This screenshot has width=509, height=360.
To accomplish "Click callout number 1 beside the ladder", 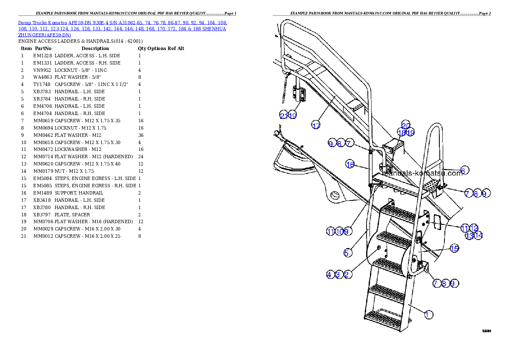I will coord(427,315).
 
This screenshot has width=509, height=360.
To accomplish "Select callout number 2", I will coord(348,274).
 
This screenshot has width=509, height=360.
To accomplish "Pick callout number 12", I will coord(474,228).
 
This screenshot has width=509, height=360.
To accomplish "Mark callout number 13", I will coord(469,236).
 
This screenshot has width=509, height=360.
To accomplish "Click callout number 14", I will coord(478,236).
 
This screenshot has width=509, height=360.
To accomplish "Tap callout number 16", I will coord(350,164).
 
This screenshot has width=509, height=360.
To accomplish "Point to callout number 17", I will coord(316,125).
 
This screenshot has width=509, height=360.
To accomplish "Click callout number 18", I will coord(401,133).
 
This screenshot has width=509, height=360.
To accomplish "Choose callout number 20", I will coord(405,125).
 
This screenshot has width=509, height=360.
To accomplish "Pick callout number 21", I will coord(284,115).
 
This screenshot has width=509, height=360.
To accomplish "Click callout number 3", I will coord(339,274).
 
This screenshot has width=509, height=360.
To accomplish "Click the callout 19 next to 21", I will coord(293,115).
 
